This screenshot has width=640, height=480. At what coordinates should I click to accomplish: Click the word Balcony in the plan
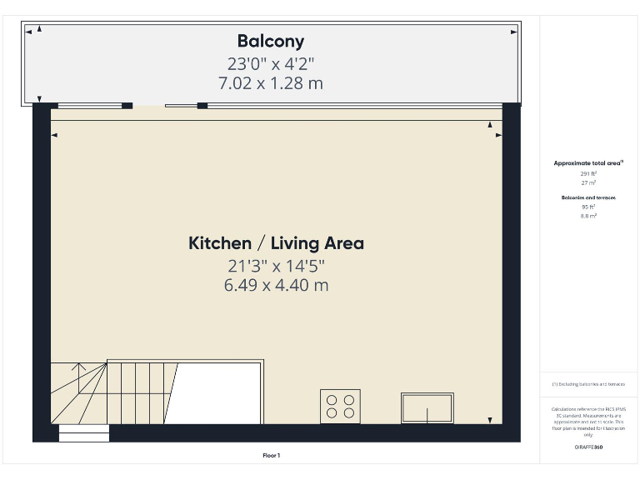pos(271,41)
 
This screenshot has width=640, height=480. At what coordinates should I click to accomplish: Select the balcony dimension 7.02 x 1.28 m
pos(271,83)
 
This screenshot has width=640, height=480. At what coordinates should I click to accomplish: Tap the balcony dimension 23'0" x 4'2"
pos(271,63)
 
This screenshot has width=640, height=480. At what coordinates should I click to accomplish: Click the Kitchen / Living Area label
pos(276,243)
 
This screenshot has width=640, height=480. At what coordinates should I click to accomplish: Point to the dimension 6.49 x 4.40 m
pos(276,285)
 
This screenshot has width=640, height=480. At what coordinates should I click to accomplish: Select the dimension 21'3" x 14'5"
pos(276,266)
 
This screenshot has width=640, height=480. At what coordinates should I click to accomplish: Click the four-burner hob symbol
pos(340,406)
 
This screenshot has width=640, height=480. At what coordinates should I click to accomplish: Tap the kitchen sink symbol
pos(427,407)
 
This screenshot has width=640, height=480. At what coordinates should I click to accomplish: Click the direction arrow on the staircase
pos(79,367)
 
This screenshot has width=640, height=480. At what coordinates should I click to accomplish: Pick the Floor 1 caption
pos(271,455)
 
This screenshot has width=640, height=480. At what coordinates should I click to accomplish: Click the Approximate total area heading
pos(588,163)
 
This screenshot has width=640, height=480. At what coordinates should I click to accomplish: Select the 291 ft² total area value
pos(588,173)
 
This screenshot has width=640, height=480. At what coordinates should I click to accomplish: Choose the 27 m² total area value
pos(588,182)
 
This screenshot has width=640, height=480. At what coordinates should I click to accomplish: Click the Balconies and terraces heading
pos(588,197)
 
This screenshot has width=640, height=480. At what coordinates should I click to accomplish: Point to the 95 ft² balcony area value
pos(588,207)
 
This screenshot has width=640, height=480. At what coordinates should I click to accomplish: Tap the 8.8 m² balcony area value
pos(588,215)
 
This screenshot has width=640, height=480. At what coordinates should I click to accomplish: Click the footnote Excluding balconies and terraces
pos(588,384)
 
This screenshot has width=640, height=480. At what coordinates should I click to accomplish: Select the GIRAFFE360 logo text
pos(588,447)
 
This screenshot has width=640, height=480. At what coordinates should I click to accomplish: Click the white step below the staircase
pos(83,432)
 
